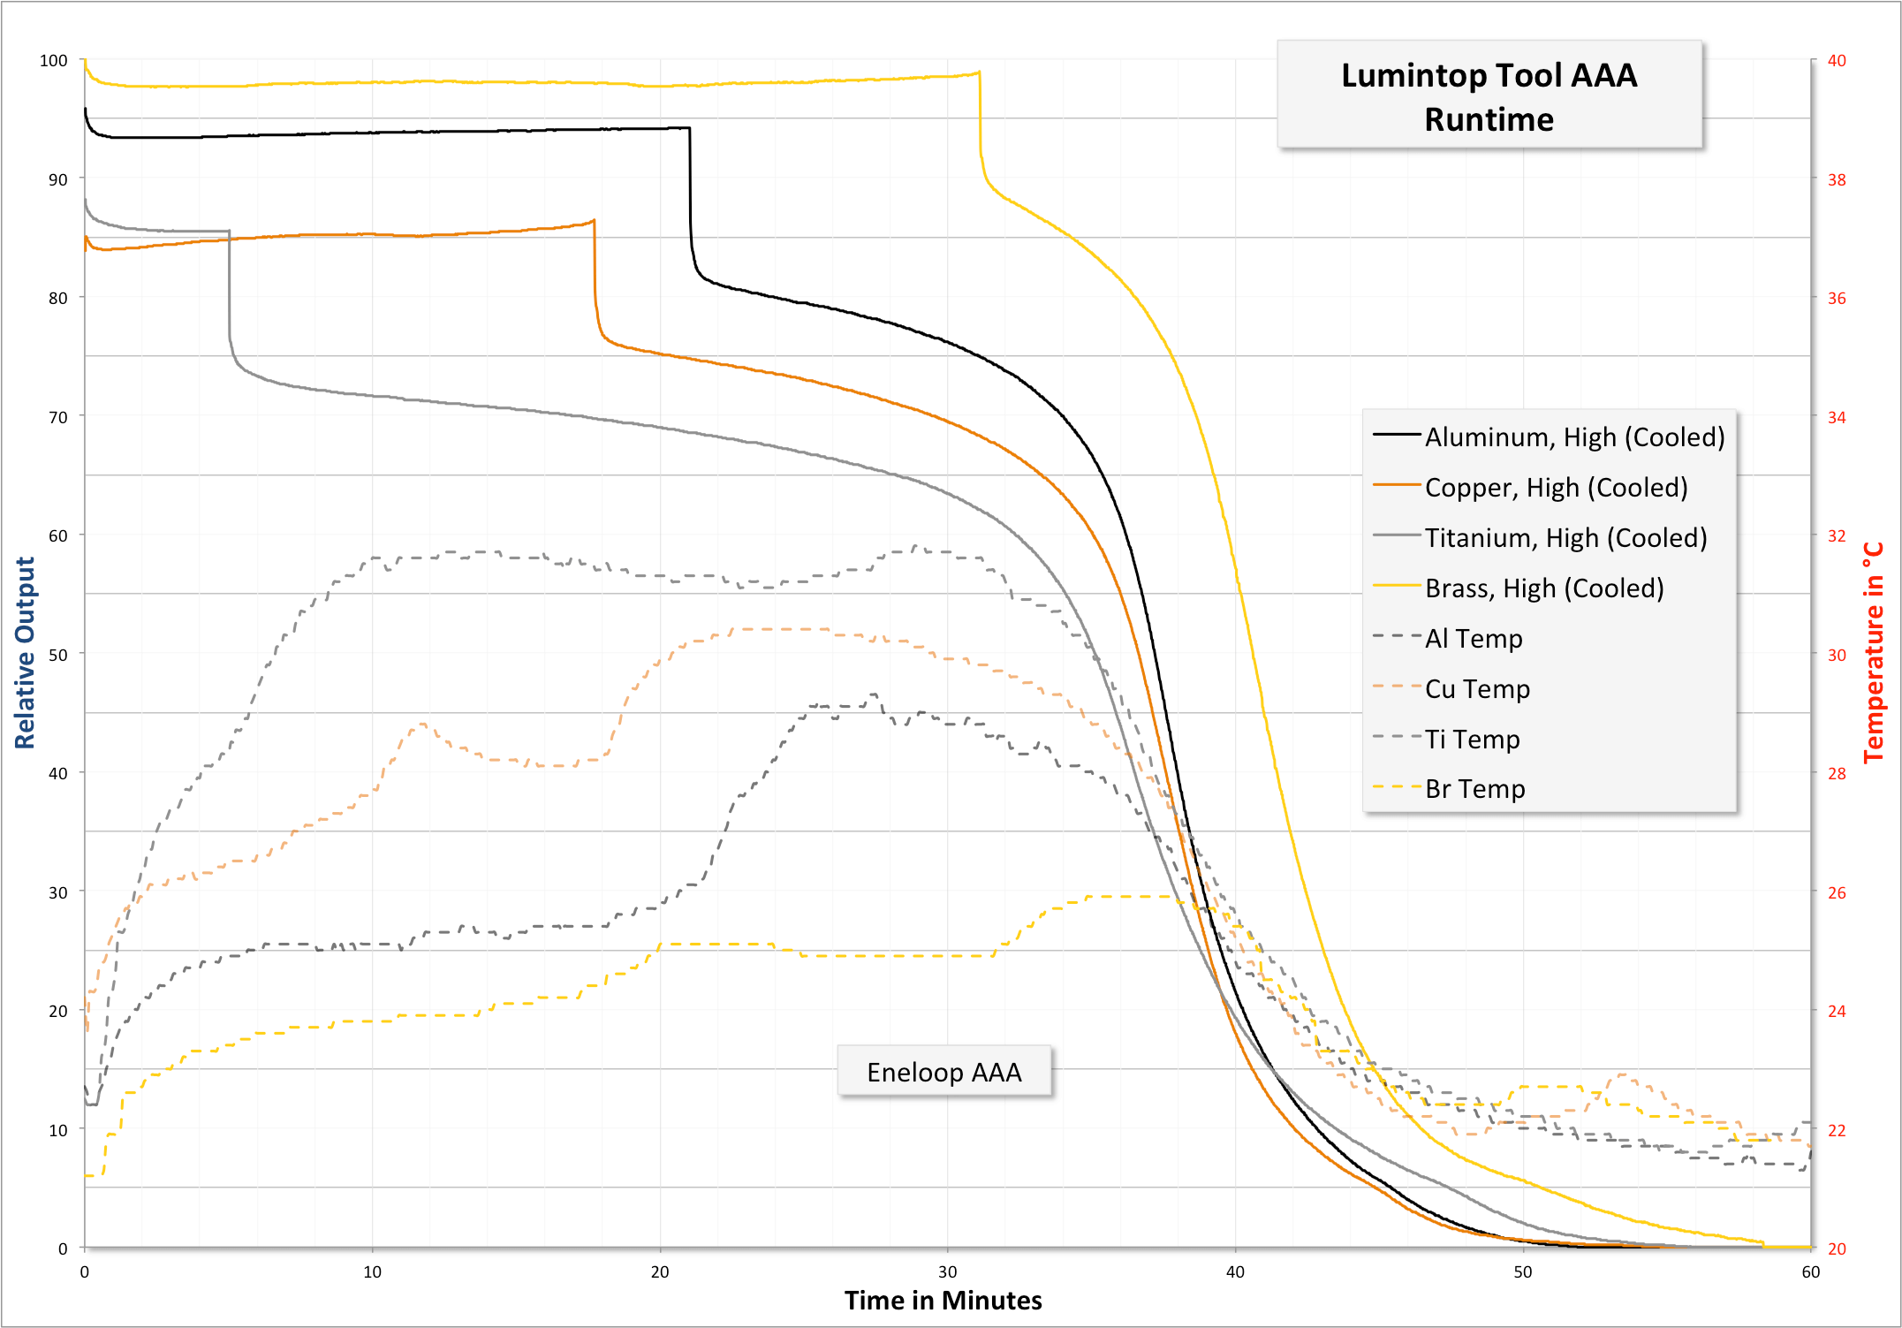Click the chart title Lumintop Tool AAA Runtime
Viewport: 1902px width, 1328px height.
[x=1489, y=96]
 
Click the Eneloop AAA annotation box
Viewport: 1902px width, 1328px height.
[x=943, y=1072]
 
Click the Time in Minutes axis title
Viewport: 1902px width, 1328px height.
[x=943, y=1300]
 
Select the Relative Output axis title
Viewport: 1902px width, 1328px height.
[x=25, y=653]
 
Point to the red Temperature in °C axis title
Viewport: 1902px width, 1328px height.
[x=1873, y=653]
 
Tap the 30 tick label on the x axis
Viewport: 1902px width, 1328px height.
[x=947, y=1271]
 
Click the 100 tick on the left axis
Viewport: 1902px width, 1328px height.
[x=54, y=60]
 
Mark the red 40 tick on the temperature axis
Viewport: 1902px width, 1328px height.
[x=1837, y=60]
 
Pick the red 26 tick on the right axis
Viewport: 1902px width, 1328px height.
[x=1837, y=892]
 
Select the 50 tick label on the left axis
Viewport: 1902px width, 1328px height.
[x=57, y=655]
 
